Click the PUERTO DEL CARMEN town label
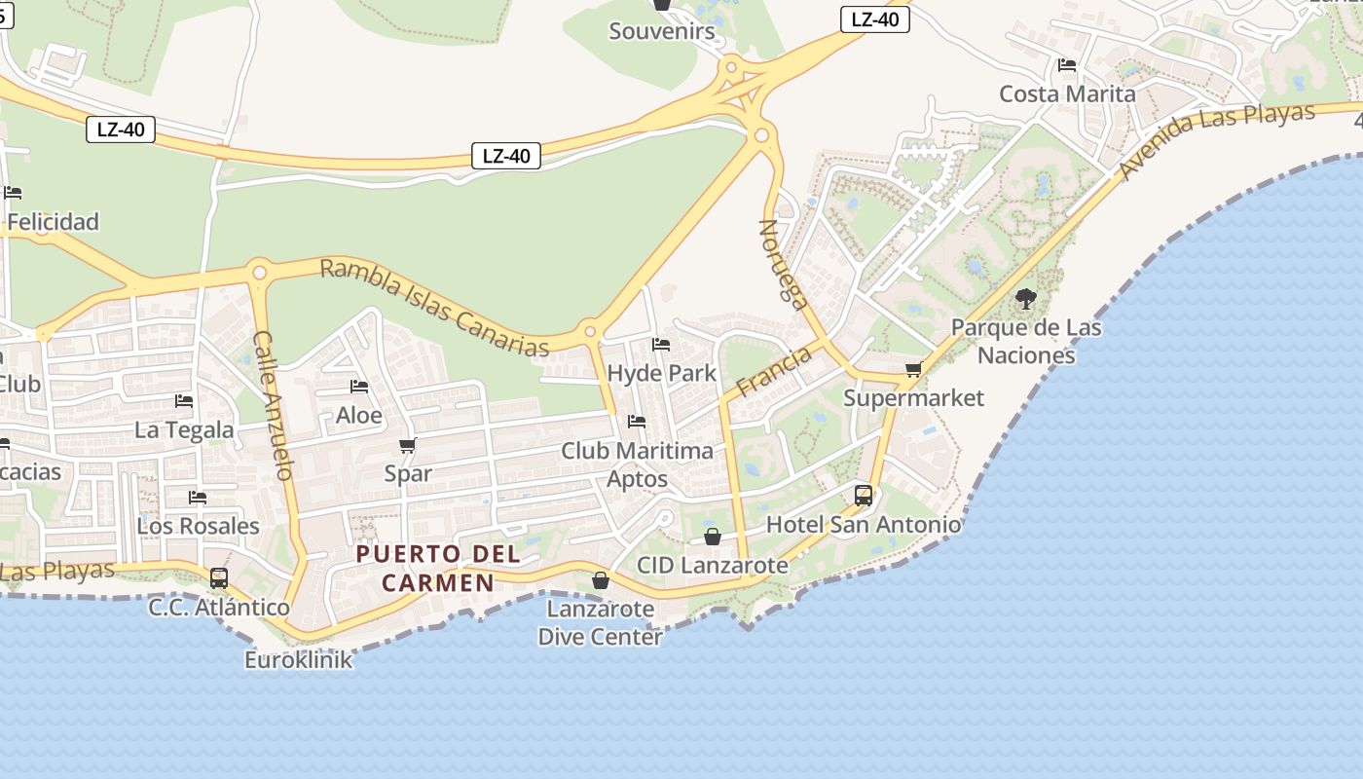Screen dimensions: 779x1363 coord(437,568)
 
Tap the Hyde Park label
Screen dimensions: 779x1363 coord(661,373)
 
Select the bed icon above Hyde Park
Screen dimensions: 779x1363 coord(661,345)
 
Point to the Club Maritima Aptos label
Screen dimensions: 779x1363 coord(637,464)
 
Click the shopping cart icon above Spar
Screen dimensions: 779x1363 coord(408,446)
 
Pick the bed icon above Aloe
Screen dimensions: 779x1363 coord(359,388)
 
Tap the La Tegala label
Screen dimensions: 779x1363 coord(184,429)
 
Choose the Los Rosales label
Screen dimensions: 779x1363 coord(198,526)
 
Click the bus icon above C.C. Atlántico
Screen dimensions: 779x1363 coord(219,578)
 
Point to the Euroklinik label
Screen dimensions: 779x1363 coord(298,660)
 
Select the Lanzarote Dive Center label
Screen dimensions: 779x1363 coord(600,623)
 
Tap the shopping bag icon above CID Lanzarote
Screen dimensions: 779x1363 coord(713,537)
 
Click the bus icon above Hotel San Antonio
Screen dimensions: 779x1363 coord(864,496)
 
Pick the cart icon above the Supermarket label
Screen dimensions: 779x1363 coord(913,370)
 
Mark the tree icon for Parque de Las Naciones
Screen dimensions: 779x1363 coord(1025,299)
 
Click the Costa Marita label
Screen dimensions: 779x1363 coord(1067,94)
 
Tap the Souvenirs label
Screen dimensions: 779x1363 coord(662,31)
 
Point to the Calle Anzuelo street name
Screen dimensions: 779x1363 coord(273,405)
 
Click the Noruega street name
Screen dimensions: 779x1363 coord(784,264)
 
